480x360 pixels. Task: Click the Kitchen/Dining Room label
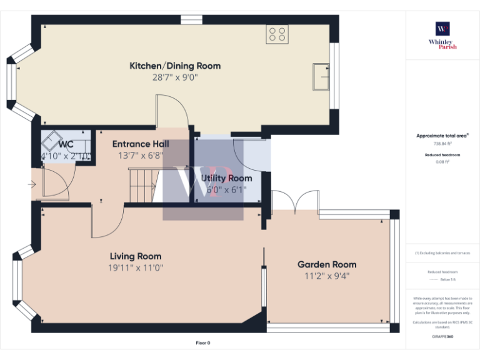pyautogui.click(x=174, y=66)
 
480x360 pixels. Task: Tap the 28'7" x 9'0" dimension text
pyautogui.click(x=174, y=77)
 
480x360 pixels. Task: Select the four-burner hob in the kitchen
pyautogui.click(x=277, y=34)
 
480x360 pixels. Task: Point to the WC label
pyautogui.click(x=66, y=144)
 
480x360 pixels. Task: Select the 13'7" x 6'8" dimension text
pyautogui.click(x=141, y=156)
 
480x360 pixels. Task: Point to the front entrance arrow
pyautogui.click(x=32, y=184)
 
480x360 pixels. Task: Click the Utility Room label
pyautogui.click(x=226, y=178)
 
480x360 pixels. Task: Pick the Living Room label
pyautogui.click(x=136, y=256)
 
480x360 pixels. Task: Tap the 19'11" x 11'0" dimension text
pyautogui.click(x=136, y=268)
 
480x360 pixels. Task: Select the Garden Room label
pyautogui.click(x=327, y=264)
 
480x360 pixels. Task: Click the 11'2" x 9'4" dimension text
pyautogui.click(x=327, y=276)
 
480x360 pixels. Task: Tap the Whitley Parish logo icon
pyautogui.click(x=442, y=29)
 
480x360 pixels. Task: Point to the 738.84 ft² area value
pyautogui.click(x=442, y=144)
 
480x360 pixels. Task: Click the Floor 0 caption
pyautogui.click(x=203, y=343)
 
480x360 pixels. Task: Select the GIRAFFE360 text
pyautogui.click(x=442, y=336)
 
